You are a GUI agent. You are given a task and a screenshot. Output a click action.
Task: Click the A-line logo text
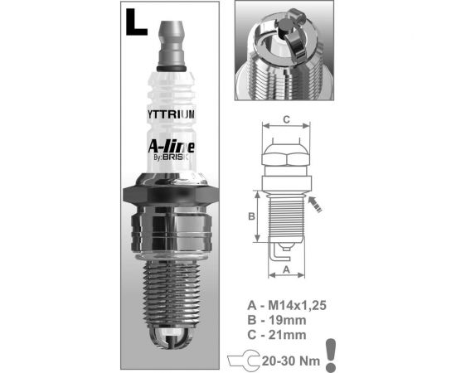(171, 147)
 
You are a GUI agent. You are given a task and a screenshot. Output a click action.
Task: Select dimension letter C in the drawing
(285, 119)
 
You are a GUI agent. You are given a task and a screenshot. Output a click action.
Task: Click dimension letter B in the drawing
(252, 218)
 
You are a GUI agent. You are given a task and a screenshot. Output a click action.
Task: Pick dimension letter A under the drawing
(285, 269)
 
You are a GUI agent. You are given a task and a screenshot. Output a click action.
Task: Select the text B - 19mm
(275, 320)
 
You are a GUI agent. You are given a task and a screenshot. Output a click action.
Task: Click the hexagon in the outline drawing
(285, 158)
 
